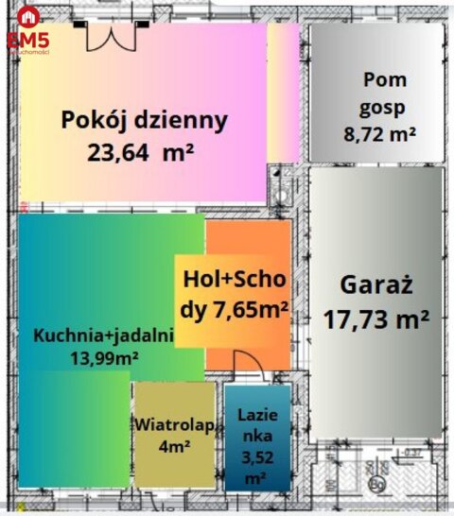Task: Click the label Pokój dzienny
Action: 145,120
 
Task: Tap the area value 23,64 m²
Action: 141,150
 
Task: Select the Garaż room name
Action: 376,284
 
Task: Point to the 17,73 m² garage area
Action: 376,318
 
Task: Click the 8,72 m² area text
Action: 380,134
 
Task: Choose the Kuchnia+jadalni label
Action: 104,335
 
